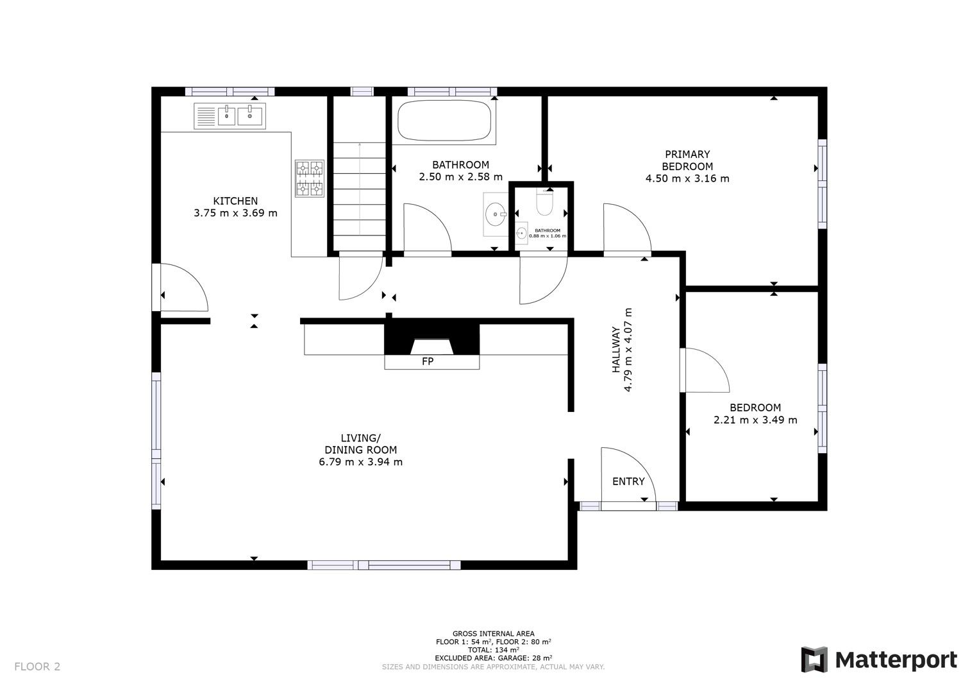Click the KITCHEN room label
(x=235, y=201)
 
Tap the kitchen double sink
(x=230, y=116)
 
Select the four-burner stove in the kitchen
(x=310, y=178)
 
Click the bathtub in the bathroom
(x=444, y=121)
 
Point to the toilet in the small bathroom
(x=544, y=203)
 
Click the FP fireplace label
(x=428, y=361)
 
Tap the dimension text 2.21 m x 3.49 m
(x=755, y=420)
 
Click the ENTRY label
(x=628, y=482)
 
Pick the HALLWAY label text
(x=616, y=350)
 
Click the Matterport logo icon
(x=814, y=660)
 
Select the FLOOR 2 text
(x=37, y=667)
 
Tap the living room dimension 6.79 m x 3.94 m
(x=360, y=462)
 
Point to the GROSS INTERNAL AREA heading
(x=494, y=633)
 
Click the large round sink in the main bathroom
(x=496, y=214)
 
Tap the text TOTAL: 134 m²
(x=494, y=650)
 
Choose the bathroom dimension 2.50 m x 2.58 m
(x=461, y=176)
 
